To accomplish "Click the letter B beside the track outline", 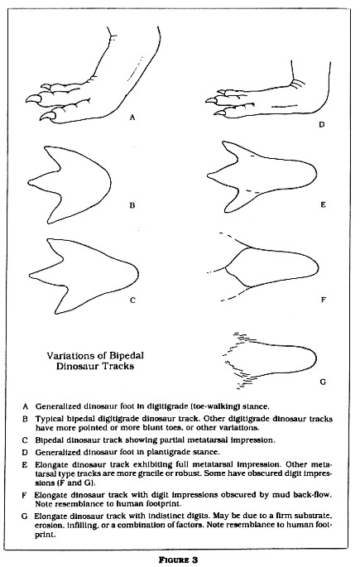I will click(x=131, y=200).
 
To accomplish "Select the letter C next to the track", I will click(x=132, y=300).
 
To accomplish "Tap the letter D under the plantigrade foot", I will click(x=320, y=126).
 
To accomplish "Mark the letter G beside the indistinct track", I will click(x=322, y=382).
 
